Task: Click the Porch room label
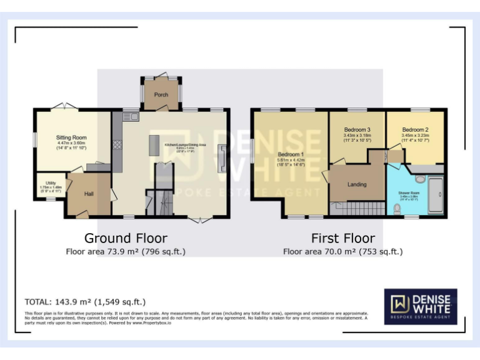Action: tap(161, 95)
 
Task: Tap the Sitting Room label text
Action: tap(71, 137)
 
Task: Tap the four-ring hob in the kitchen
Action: tap(117, 146)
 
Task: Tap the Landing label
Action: tap(357, 184)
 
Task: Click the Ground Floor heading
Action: tap(126, 238)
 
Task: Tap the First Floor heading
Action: tap(343, 238)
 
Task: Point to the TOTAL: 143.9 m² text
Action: tap(85, 301)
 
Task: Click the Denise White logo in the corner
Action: tap(420, 306)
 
